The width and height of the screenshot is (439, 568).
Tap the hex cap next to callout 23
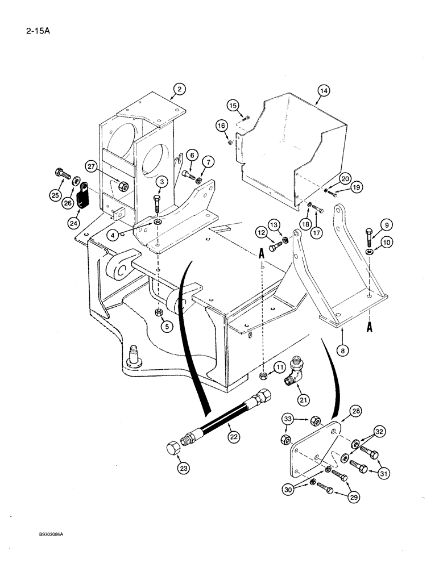175,448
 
